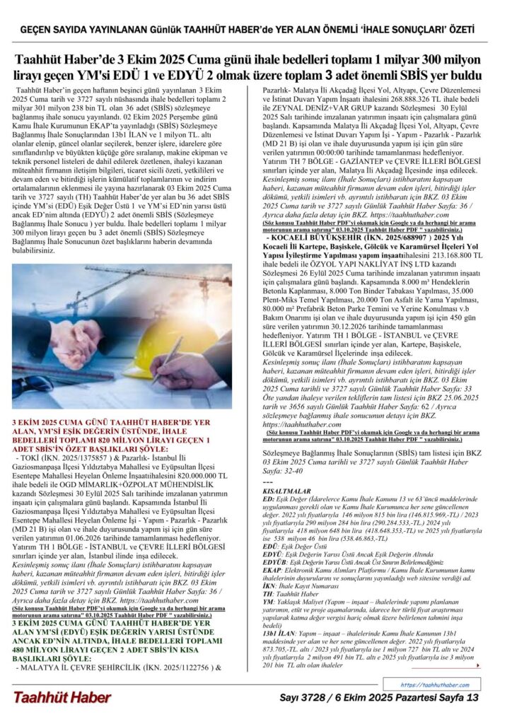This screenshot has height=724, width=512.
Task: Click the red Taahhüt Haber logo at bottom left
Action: [x=62, y=697]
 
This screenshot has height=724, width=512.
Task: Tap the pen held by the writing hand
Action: [x=170, y=361]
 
